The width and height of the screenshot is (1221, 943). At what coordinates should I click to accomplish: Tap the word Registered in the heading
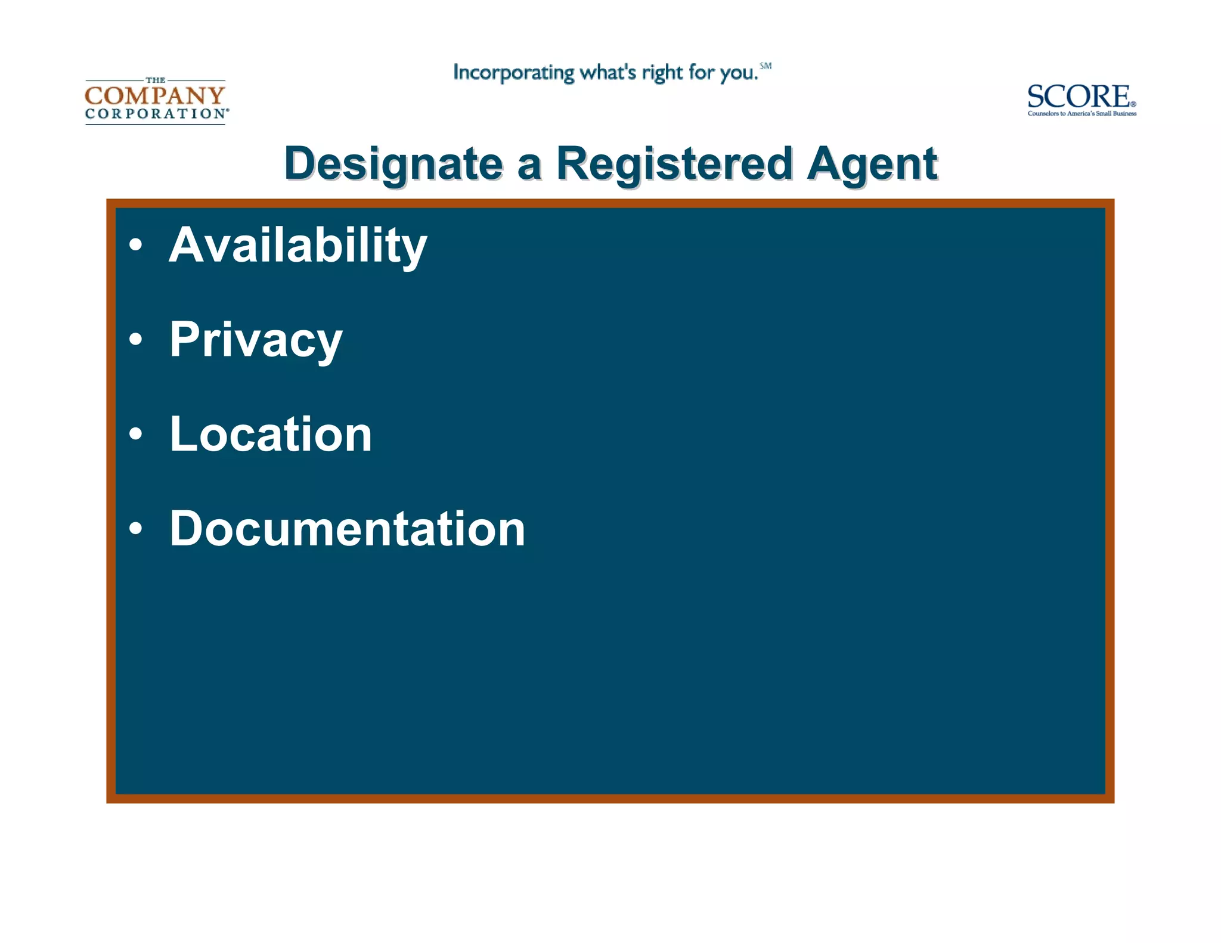pos(674,164)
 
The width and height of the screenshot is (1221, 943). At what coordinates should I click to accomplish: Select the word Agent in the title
pos(872,164)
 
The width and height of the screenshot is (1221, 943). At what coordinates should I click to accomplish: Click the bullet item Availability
pos(298,245)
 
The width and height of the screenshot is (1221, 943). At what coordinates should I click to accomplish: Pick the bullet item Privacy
pos(256,339)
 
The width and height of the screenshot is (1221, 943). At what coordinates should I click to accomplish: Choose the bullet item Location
pos(271,434)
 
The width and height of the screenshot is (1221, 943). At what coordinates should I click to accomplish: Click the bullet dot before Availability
pos(136,245)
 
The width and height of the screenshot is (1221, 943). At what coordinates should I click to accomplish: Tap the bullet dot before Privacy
pos(136,339)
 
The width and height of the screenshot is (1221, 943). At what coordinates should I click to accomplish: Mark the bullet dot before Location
pos(136,434)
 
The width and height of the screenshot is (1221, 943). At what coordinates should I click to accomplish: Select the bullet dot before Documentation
pos(136,528)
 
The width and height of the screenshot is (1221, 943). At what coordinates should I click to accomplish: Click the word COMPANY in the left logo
pos(155,95)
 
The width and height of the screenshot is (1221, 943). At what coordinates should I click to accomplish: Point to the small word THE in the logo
pos(156,80)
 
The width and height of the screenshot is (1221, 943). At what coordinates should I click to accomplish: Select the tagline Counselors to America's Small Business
pos(1081,113)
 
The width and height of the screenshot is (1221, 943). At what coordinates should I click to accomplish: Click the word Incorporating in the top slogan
pos(513,73)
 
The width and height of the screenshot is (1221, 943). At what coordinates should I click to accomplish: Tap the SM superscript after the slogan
pos(766,66)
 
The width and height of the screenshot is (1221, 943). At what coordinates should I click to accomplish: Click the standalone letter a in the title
pos(529,165)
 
